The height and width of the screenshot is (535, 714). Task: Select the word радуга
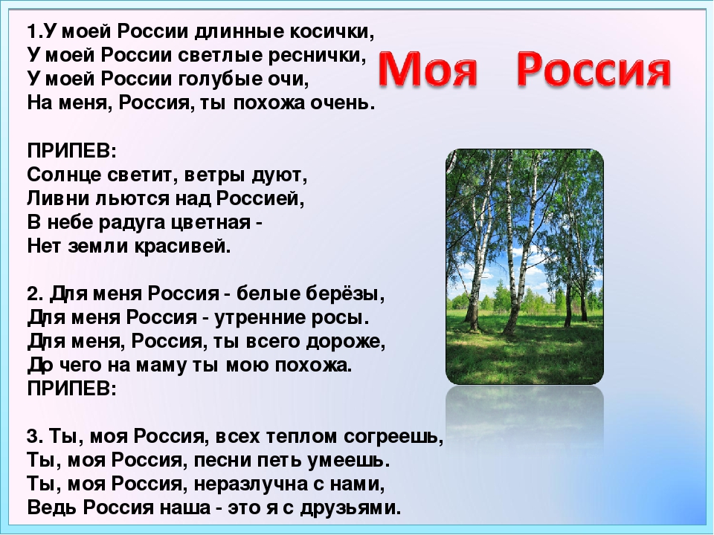[129, 223]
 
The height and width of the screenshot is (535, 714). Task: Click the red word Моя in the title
[428, 69]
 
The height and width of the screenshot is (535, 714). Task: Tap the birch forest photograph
[524, 267]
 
